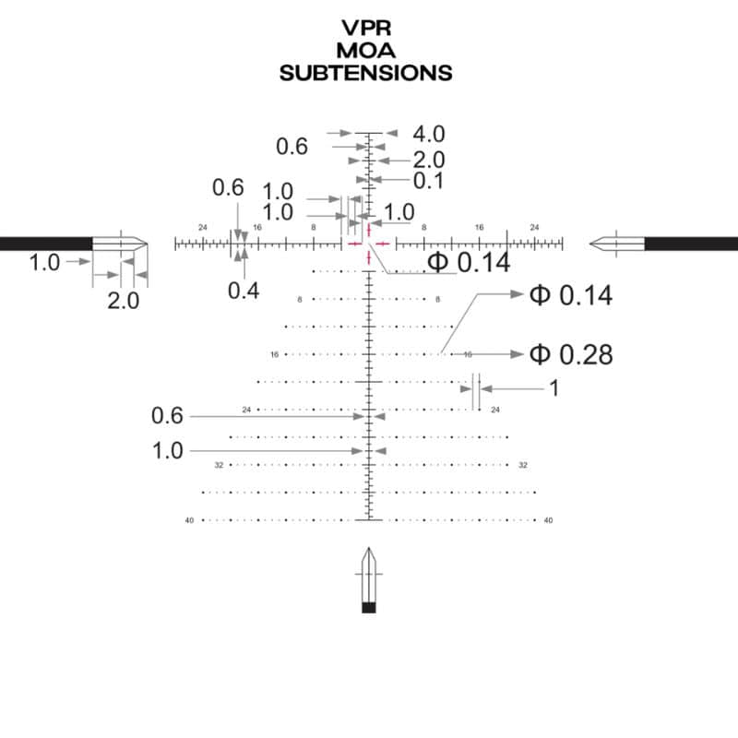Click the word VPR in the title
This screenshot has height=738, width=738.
(367, 29)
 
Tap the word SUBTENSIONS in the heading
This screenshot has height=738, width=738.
(366, 73)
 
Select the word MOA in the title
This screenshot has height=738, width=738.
(366, 51)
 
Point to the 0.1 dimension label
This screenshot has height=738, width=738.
(428, 181)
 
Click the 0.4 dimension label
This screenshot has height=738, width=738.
(244, 291)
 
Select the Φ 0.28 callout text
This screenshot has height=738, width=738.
(570, 354)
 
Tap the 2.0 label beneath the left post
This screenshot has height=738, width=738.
(123, 301)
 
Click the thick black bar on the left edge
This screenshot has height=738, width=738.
(44, 244)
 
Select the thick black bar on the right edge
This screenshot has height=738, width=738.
(692, 244)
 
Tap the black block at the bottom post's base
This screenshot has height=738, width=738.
(369, 607)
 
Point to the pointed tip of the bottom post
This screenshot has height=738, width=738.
(369, 551)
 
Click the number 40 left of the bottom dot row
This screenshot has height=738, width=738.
(189, 520)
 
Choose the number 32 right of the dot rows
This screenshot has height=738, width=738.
(522, 465)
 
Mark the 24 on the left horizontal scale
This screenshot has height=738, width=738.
(203, 227)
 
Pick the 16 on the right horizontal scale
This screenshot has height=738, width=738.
(479, 227)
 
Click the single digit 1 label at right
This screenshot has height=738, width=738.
(553, 388)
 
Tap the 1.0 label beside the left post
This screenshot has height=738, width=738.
(44, 263)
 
